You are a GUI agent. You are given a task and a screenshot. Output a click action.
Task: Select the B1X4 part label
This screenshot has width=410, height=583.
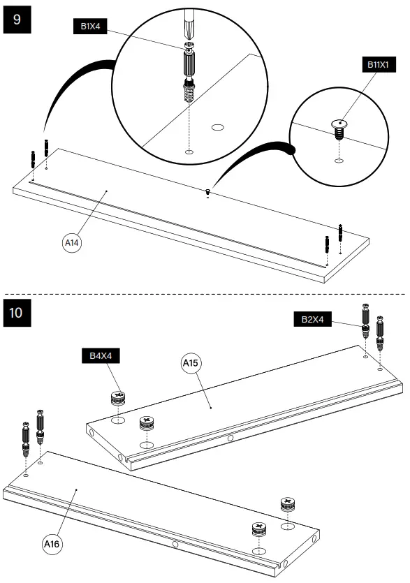point(89,27)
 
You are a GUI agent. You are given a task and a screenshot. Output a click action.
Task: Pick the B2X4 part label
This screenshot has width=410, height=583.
point(312,319)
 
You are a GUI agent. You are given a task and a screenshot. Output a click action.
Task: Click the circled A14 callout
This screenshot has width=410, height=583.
point(72,243)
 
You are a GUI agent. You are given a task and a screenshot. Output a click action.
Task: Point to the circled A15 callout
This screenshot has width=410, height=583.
point(191,363)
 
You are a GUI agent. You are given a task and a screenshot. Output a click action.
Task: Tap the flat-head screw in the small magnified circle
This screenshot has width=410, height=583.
point(339,126)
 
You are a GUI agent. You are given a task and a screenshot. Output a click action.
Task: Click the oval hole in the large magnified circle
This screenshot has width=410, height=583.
point(217,127)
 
